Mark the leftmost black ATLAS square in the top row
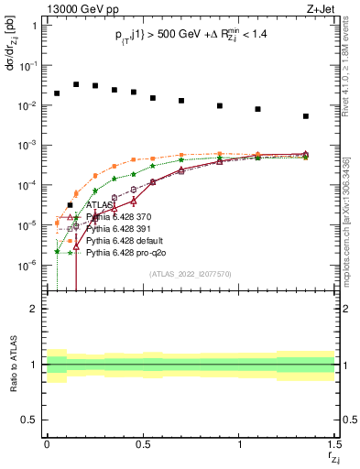(x=57, y=93)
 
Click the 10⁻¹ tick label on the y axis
(x=27, y=66)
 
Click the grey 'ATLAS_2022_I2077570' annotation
(x=190, y=273)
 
